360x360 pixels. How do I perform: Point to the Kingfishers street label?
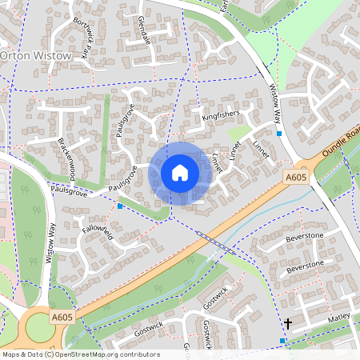tap(220, 116)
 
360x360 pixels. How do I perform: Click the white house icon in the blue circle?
tap(179, 172)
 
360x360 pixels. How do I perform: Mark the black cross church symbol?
tap(288, 324)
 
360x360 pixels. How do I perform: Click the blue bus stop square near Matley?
tap(282, 342)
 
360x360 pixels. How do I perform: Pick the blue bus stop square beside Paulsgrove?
tap(120, 206)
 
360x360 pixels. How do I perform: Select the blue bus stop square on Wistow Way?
tap(278, 134)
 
